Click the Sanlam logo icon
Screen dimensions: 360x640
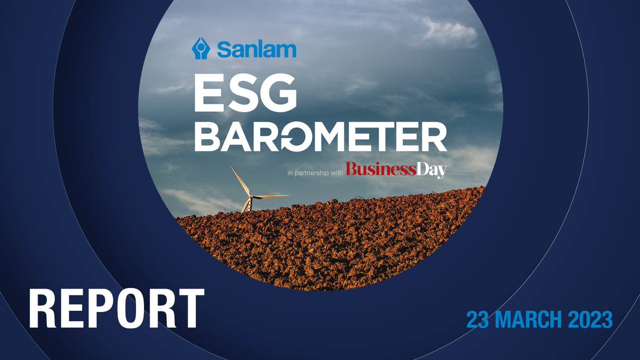pyautogui.click(x=202, y=47)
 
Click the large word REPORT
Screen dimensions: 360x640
pyautogui.click(x=117, y=309)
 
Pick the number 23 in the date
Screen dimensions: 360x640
pyautogui.click(x=478, y=321)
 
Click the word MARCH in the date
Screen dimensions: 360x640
pyautogui.click(x=530, y=321)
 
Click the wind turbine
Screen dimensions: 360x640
pyautogui.click(x=249, y=195)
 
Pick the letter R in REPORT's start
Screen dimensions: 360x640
pyautogui.click(x=43, y=309)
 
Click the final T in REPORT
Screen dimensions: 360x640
pyautogui.click(x=190, y=309)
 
